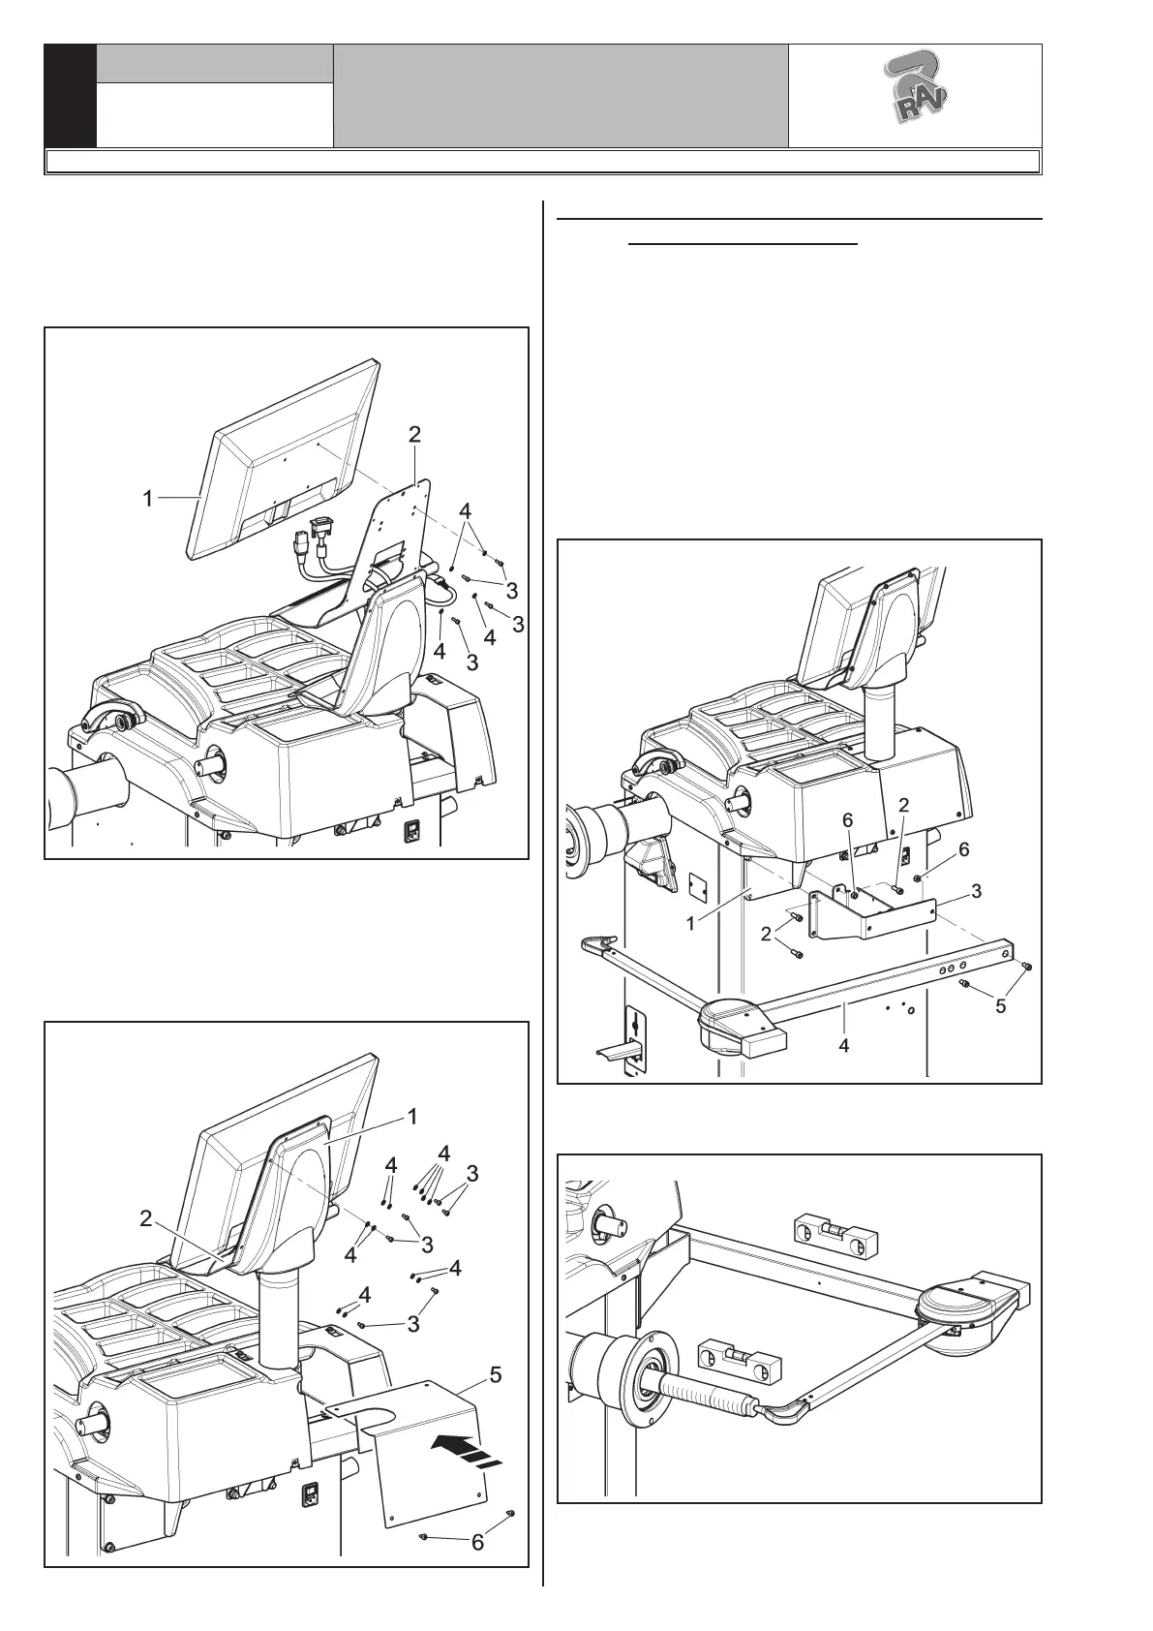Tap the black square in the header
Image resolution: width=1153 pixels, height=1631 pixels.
coord(71,96)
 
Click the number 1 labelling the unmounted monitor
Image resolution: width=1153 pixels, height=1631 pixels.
coord(147,499)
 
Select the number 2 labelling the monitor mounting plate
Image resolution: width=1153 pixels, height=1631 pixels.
coord(414,435)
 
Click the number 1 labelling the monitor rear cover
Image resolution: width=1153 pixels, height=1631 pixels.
coord(411,1117)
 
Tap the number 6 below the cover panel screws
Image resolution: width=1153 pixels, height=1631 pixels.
coord(477,1542)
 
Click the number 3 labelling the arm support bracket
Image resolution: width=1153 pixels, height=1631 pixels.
coord(977,891)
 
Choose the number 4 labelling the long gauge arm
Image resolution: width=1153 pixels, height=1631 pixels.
coord(843,1045)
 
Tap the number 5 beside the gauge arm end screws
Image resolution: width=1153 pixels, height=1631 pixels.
coord(1000,1006)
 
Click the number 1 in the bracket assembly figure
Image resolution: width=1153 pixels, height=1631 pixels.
coord(690,923)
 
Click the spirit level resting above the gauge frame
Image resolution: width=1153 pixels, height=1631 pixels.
coord(835,1231)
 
